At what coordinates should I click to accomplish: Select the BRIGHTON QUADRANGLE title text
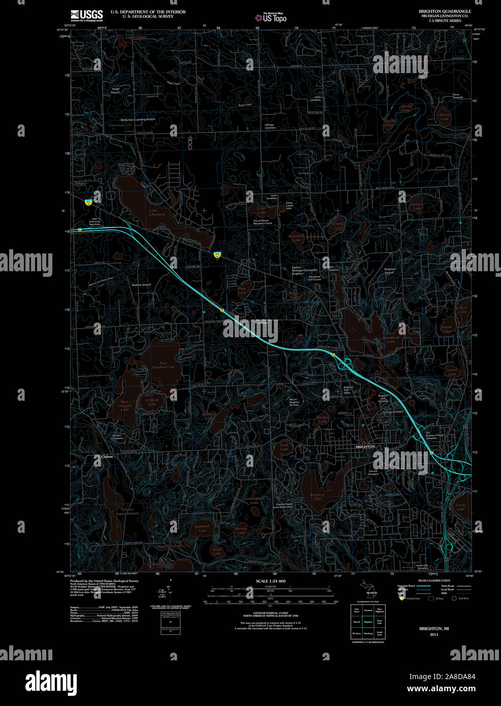(445, 11)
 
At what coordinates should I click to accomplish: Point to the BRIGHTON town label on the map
(365, 446)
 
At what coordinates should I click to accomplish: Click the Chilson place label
(107, 457)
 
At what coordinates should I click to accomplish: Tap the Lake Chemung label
(157, 212)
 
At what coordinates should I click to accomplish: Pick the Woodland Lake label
(390, 339)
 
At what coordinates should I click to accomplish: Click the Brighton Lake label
(317, 496)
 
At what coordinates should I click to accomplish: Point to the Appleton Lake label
(202, 528)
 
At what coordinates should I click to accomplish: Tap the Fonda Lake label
(460, 507)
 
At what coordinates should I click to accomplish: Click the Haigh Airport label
(115, 90)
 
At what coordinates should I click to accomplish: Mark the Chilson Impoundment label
(127, 511)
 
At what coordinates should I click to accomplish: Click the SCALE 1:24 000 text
(271, 581)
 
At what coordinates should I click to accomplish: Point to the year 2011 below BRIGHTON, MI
(433, 634)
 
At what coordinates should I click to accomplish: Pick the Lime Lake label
(284, 447)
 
